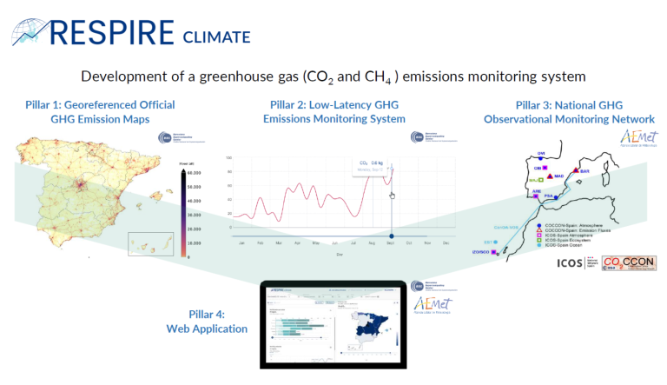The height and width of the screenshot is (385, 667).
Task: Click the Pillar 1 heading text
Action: [x=100, y=111]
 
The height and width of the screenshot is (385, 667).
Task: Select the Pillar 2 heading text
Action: [x=333, y=111]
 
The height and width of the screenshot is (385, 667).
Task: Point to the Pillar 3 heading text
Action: [x=569, y=111]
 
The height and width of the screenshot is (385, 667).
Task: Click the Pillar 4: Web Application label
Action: [x=207, y=322]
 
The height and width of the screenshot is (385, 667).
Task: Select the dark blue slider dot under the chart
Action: [x=393, y=236]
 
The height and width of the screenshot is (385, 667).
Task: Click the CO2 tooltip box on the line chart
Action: [x=372, y=165]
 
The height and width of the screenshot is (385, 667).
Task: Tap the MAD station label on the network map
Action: [x=559, y=176]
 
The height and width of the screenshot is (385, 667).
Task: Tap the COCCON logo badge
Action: [x=623, y=263]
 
